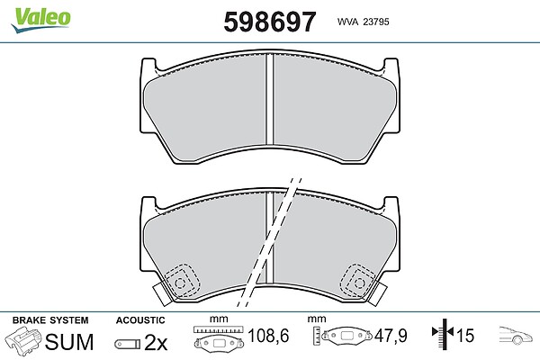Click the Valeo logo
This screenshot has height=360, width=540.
pyautogui.click(x=40, y=19)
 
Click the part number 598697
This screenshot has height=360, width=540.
pyautogui.click(x=270, y=22)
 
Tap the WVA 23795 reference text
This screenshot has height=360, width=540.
pyautogui.click(x=363, y=22)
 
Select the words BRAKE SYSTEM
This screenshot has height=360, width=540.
pyautogui.click(x=50, y=320)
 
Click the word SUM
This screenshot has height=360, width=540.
pyautogui.click(x=69, y=342)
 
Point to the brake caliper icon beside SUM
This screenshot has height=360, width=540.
pyautogui.click(x=22, y=340)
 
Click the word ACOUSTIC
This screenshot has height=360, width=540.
pyautogui.click(x=140, y=320)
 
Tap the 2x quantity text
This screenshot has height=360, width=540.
pyautogui.click(x=156, y=342)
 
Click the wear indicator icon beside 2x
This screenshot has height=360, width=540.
pyautogui.click(x=128, y=344)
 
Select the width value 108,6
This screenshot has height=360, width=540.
pyautogui.click(x=268, y=336)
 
